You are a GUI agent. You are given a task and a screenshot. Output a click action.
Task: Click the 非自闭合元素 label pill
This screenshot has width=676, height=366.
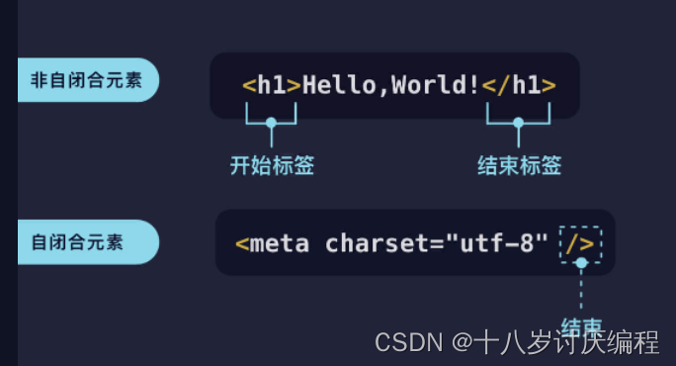pyautogui.click(x=87, y=80)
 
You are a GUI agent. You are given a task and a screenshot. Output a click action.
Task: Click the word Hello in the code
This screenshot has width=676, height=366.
pyautogui.click(x=339, y=85)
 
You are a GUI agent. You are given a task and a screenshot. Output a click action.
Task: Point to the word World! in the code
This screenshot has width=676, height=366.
pyautogui.click(x=436, y=85)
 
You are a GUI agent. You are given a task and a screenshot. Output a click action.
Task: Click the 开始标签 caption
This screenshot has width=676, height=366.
pyautogui.click(x=272, y=166)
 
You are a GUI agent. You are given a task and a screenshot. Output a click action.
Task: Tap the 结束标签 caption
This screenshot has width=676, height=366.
pyautogui.click(x=519, y=166)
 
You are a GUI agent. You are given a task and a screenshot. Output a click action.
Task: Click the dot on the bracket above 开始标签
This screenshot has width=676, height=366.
pyautogui.click(x=272, y=123)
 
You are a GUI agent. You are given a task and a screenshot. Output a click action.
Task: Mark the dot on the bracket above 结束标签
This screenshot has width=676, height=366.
pyautogui.click(x=518, y=123)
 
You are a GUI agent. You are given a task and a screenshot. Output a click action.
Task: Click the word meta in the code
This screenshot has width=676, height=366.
pyautogui.click(x=281, y=243)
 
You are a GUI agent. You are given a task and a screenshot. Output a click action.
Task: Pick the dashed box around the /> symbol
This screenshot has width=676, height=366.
pyautogui.click(x=580, y=242)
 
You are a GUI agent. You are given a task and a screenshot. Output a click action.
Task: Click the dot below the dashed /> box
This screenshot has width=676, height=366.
pyautogui.click(x=581, y=263)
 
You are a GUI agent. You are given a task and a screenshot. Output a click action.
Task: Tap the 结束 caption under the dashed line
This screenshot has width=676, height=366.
pyautogui.click(x=581, y=326)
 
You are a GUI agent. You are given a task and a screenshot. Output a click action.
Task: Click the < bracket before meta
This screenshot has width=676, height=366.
pyautogui.click(x=242, y=244)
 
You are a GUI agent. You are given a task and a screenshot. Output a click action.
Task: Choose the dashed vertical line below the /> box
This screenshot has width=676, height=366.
pyautogui.click(x=581, y=292)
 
